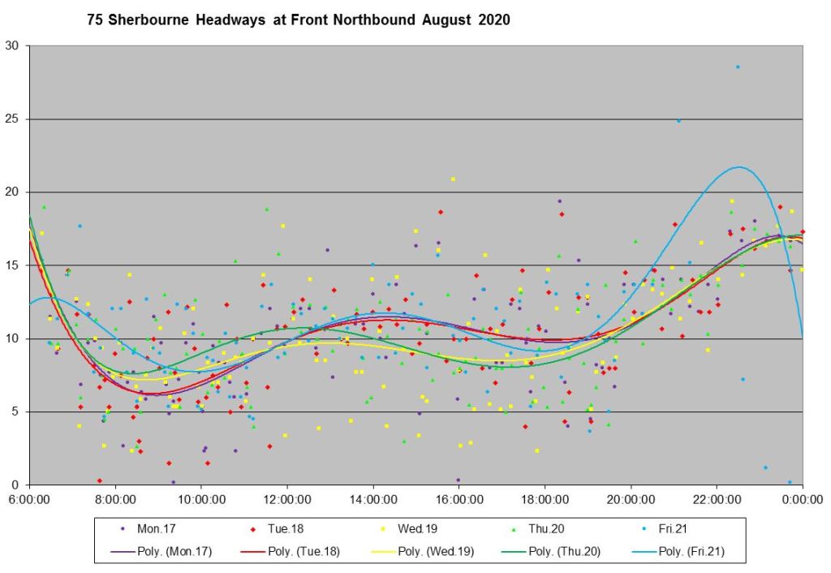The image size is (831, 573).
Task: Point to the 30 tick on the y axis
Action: click(14, 46)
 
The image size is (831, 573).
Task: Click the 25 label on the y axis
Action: click(14, 119)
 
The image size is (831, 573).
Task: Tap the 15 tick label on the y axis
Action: click(14, 265)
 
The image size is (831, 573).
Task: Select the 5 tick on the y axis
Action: click(17, 411)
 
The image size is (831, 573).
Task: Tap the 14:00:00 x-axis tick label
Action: click(373, 498)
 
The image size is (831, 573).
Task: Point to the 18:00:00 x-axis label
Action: click(545, 498)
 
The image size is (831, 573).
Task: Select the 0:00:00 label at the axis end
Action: click(802, 498)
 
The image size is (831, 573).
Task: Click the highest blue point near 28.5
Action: click(738, 67)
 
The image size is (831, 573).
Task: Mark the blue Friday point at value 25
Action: click(678, 120)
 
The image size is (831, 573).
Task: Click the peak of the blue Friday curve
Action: click(738, 167)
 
